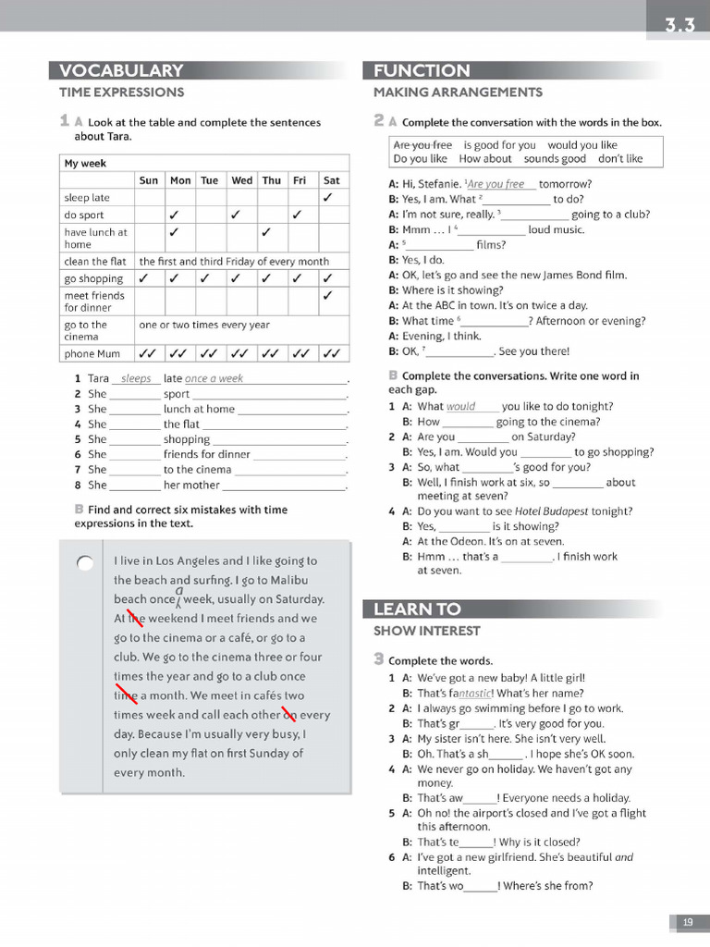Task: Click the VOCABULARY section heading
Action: (121, 71)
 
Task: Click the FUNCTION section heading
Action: (422, 71)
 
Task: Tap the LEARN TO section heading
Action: (417, 609)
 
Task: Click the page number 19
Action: (688, 922)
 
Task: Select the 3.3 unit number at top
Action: (679, 25)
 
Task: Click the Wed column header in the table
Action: (242, 181)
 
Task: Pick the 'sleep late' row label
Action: (87, 198)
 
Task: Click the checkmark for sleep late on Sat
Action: (328, 198)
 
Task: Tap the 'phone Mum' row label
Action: (92, 353)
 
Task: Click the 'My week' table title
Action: (85, 164)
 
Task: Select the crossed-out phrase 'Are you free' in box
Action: (422, 145)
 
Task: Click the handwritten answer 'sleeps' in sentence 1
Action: (136, 379)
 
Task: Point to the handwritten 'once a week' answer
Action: (214, 379)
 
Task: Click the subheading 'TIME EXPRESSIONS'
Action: (121, 92)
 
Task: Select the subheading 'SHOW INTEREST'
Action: (427, 632)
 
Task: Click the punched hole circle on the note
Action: (85, 563)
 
